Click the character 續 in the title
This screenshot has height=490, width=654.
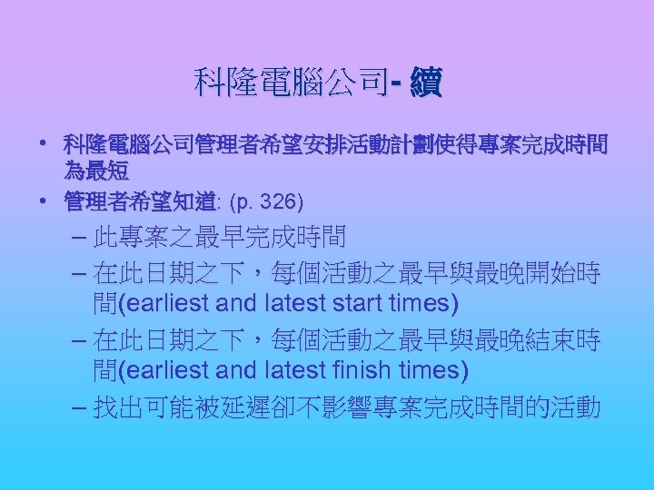[426, 83]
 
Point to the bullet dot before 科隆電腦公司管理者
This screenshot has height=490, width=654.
[43, 144]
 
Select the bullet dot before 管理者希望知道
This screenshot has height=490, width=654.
[43, 200]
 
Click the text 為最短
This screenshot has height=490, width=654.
[95, 171]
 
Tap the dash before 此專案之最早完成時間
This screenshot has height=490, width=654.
[77, 239]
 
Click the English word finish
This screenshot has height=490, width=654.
[361, 370]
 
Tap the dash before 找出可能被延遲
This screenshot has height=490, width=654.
[77, 407]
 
